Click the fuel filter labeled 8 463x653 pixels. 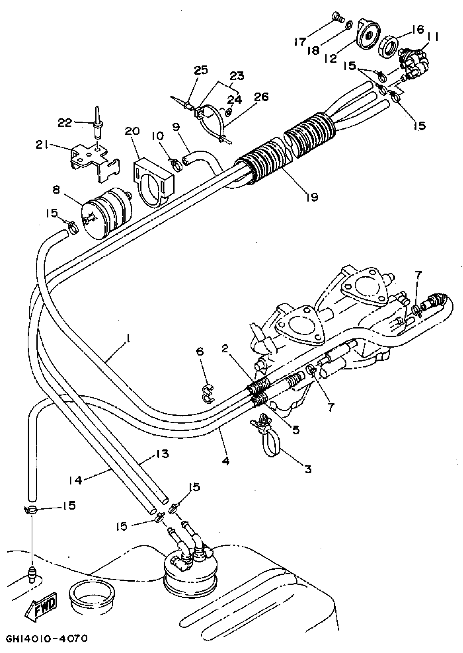[x=106, y=211]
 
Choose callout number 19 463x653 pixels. [x=312, y=197]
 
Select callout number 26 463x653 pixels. [x=261, y=97]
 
